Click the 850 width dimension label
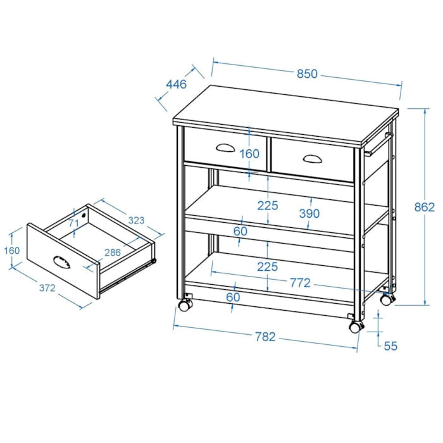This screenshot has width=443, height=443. click(x=307, y=74)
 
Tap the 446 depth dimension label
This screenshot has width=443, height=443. click(x=177, y=84)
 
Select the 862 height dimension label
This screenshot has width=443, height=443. click(x=425, y=208)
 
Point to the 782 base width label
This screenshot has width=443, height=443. click(x=265, y=337)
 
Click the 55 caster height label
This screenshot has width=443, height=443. click(x=390, y=346)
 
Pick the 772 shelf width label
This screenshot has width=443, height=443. click(x=300, y=283)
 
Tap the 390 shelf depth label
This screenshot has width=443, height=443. click(x=309, y=214)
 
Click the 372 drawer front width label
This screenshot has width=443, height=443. click(x=47, y=288)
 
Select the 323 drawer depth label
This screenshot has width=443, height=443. click(x=136, y=220)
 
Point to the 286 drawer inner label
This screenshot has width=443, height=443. click(x=113, y=253)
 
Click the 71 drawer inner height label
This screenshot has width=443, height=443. click(x=74, y=223)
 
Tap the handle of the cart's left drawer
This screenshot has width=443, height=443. click(x=225, y=147)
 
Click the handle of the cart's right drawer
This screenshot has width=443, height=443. click(x=313, y=159)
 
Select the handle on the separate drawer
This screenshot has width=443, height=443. click(x=61, y=262)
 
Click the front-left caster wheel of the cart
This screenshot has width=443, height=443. click(x=185, y=306)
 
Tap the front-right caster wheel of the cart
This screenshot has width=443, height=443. click(x=356, y=327)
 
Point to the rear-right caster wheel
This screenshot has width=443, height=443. click(x=387, y=300)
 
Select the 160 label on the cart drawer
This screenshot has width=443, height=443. click(x=249, y=154)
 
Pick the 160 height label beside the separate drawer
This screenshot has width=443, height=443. click(x=12, y=251)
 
